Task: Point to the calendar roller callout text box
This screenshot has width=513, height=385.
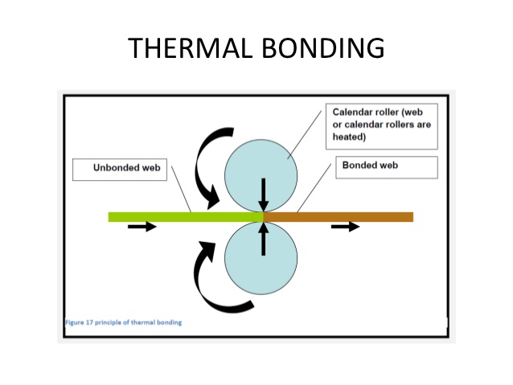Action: click(381, 125)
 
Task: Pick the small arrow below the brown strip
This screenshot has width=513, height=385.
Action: click(346, 227)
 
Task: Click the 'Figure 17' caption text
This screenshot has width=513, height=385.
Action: click(124, 322)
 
